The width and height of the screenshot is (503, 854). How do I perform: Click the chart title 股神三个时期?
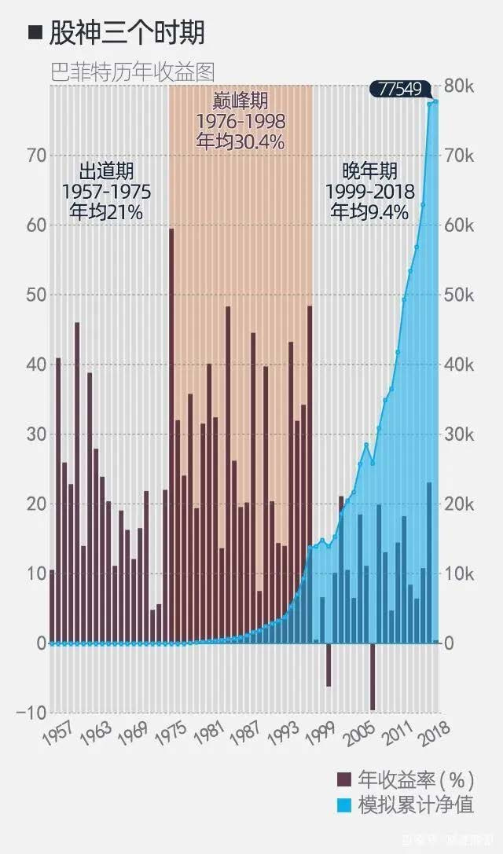127,32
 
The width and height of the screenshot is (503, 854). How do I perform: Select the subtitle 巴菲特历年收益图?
131,71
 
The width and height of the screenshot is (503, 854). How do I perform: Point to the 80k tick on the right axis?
460,86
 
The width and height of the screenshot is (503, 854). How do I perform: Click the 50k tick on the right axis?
460,295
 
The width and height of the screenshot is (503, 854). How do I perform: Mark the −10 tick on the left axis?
31,713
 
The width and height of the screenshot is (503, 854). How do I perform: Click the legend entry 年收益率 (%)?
416,779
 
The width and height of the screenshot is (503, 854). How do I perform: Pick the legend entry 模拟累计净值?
416,805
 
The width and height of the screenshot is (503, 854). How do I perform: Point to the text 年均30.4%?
240,142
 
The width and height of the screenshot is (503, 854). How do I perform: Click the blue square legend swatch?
343,805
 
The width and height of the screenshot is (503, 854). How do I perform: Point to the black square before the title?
34,32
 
